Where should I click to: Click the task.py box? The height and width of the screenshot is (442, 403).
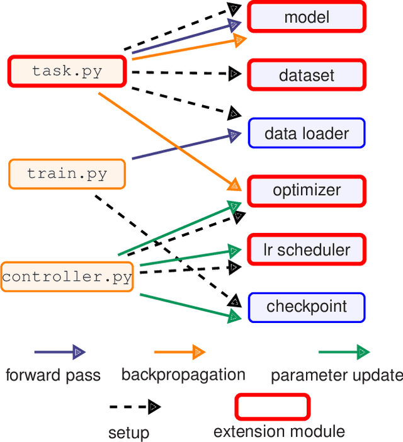tap(67, 71)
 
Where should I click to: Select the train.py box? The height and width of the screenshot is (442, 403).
tap(67, 174)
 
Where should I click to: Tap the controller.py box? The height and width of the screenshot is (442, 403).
tap(67, 276)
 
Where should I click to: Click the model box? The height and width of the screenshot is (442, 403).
tap(307, 17)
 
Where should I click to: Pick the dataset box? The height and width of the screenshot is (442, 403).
tap(307, 76)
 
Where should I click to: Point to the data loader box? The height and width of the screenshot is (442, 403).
tap(307, 133)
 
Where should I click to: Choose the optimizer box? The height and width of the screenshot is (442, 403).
tap(307, 190)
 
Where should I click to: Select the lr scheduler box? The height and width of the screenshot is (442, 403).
tap(307, 249)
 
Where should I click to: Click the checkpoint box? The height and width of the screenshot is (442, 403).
tap(307, 307)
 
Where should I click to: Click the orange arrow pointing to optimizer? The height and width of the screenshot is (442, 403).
tap(167, 139)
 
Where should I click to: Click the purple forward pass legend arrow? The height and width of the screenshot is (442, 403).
tap(60, 352)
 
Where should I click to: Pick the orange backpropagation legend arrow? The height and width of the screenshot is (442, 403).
tap(180, 352)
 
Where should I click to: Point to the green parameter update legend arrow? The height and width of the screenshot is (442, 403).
tap(344, 352)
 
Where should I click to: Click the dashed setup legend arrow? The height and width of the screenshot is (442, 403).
tap(135, 407)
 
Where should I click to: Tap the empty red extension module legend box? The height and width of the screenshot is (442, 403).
tap(273, 407)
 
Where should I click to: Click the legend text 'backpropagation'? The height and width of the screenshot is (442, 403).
tap(183, 375)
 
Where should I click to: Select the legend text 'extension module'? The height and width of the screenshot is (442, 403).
tap(279, 432)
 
